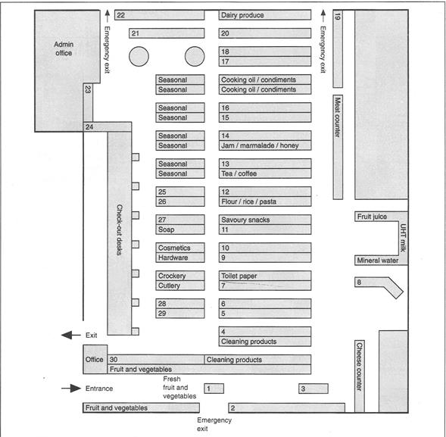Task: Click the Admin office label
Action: [64, 48]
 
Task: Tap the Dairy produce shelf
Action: [265, 15]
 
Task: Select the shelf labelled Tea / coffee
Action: [265, 173]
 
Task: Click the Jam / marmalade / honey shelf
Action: [265, 145]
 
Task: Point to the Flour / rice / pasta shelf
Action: [265, 201]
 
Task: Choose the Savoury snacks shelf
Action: [265, 220]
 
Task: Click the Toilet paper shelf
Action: [265, 276]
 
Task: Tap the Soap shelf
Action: [180, 229]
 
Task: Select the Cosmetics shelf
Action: [180, 248]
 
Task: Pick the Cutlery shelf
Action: [180, 286]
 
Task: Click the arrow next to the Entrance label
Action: [71, 389]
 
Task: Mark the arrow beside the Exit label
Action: [71, 336]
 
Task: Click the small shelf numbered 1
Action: [214, 389]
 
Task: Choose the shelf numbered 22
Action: [159, 15]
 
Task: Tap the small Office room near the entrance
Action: [95, 359]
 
